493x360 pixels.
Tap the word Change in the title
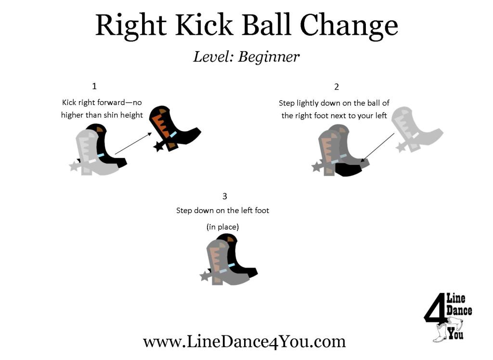click(349, 27)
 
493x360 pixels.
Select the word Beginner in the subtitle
click(269, 57)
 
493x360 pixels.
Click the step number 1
click(94, 86)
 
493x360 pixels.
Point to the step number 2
click(337, 87)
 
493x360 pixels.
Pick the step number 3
click(224, 196)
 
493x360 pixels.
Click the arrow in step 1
click(134, 143)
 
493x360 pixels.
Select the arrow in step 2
click(377, 147)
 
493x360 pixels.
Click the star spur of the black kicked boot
click(157, 146)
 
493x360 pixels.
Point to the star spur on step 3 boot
click(206, 276)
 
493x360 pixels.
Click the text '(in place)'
click(222, 227)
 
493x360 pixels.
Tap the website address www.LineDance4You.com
click(244, 341)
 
